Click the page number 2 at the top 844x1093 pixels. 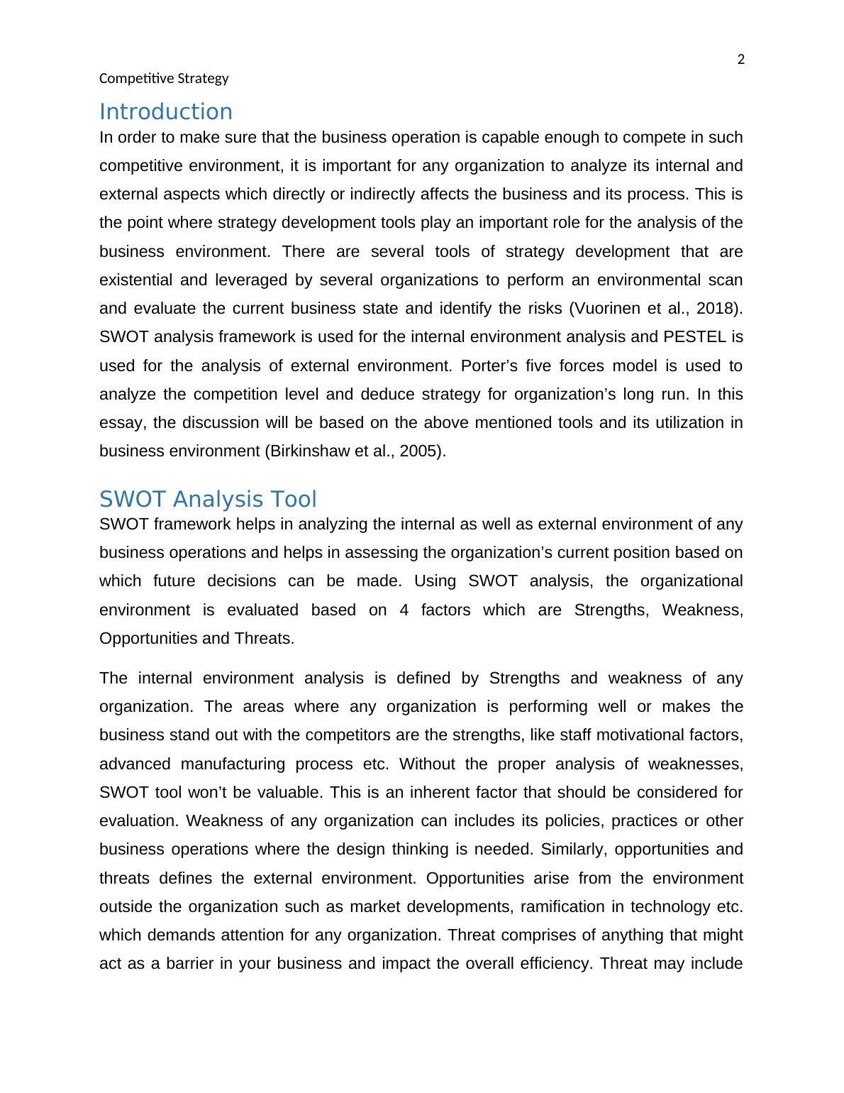741,60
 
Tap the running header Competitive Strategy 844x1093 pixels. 164,78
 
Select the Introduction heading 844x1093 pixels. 165,111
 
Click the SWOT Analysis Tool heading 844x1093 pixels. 208,499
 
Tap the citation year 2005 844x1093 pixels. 420,451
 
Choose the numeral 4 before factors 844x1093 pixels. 404,610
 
